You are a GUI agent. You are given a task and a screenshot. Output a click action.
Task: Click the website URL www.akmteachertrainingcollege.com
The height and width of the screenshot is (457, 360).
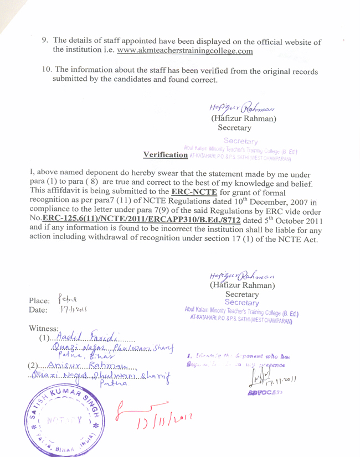coord(186,51)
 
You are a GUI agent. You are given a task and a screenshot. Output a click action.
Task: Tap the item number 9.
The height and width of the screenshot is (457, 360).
coord(46,40)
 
